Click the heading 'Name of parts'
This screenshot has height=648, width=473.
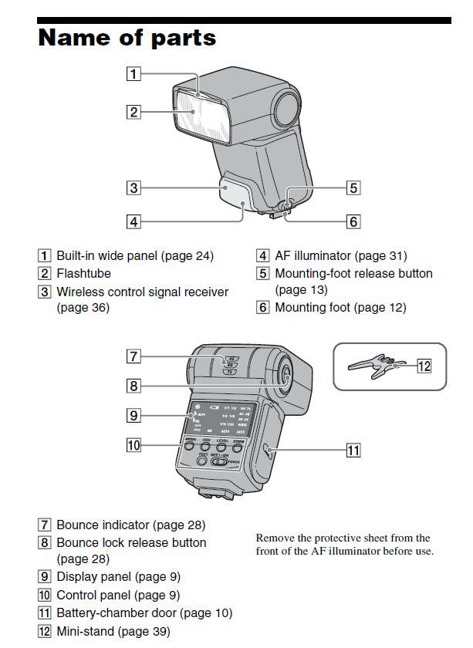[x=127, y=37]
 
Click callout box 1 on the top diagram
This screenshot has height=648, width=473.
[x=134, y=74]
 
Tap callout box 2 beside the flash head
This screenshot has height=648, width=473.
[x=134, y=112]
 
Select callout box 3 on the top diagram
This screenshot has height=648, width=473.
[x=134, y=187]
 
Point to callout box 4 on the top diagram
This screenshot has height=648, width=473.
[x=134, y=221]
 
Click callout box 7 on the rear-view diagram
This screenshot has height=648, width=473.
[x=134, y=356]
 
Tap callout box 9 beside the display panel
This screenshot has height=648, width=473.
[x=134, y=416]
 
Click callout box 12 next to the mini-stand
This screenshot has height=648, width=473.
[x=424, y=366]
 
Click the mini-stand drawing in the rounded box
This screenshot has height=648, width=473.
[x=375, y=367]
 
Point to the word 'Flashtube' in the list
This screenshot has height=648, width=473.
[x=83, y=273]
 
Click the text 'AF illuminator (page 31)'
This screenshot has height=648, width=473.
[x=340, y=255]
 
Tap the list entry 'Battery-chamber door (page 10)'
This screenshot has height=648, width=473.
[x=144, y=613]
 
